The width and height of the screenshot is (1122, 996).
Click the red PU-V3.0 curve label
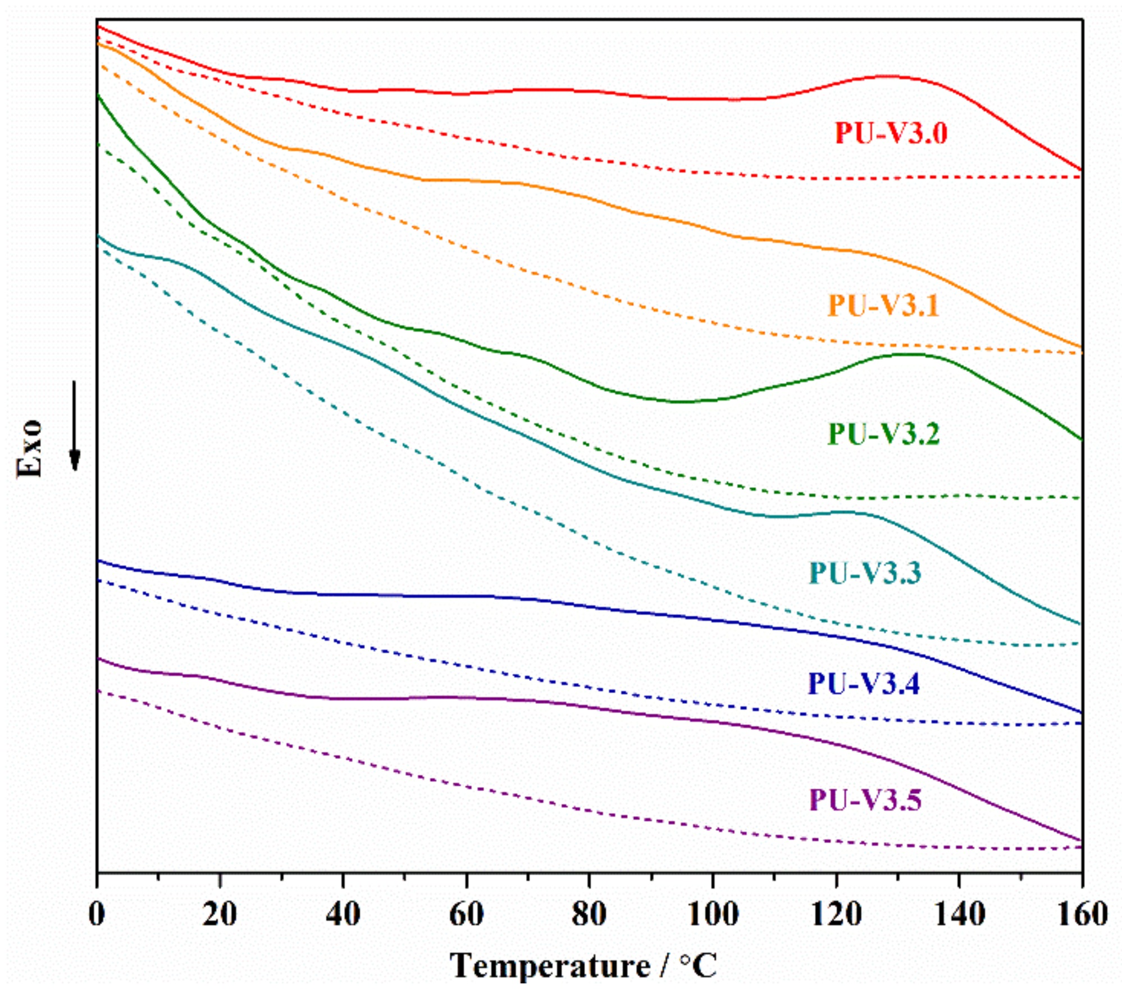click(x=891, y=134)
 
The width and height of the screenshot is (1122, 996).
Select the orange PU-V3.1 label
click(x=883, y=306)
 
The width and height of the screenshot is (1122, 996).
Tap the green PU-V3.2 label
click(x=883, y=434)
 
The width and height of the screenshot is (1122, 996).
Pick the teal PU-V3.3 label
click(x=865, y=574)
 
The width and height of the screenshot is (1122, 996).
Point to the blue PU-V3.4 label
click(x=864, y=684)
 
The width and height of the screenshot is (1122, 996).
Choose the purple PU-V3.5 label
click(x=865, y=800)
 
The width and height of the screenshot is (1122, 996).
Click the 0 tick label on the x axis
click(x=97, y=915)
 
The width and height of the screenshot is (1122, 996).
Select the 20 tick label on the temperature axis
click(x=220, y=915)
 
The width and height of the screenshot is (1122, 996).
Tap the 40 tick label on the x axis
click(x=343, y=915)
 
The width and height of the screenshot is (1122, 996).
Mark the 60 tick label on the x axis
click(x=466, y=915)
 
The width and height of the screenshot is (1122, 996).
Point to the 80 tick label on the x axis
click(x=589, y=915)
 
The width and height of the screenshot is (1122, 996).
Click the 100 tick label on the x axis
click(x=713, y=915)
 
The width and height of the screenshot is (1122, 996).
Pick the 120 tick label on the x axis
click(x=836, y=915)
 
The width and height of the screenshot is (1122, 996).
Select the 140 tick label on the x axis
click(x=959, y=915)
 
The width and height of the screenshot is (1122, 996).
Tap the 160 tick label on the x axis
click(x=1082, y=915)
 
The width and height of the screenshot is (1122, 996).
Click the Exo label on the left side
click(x=29, y=448)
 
